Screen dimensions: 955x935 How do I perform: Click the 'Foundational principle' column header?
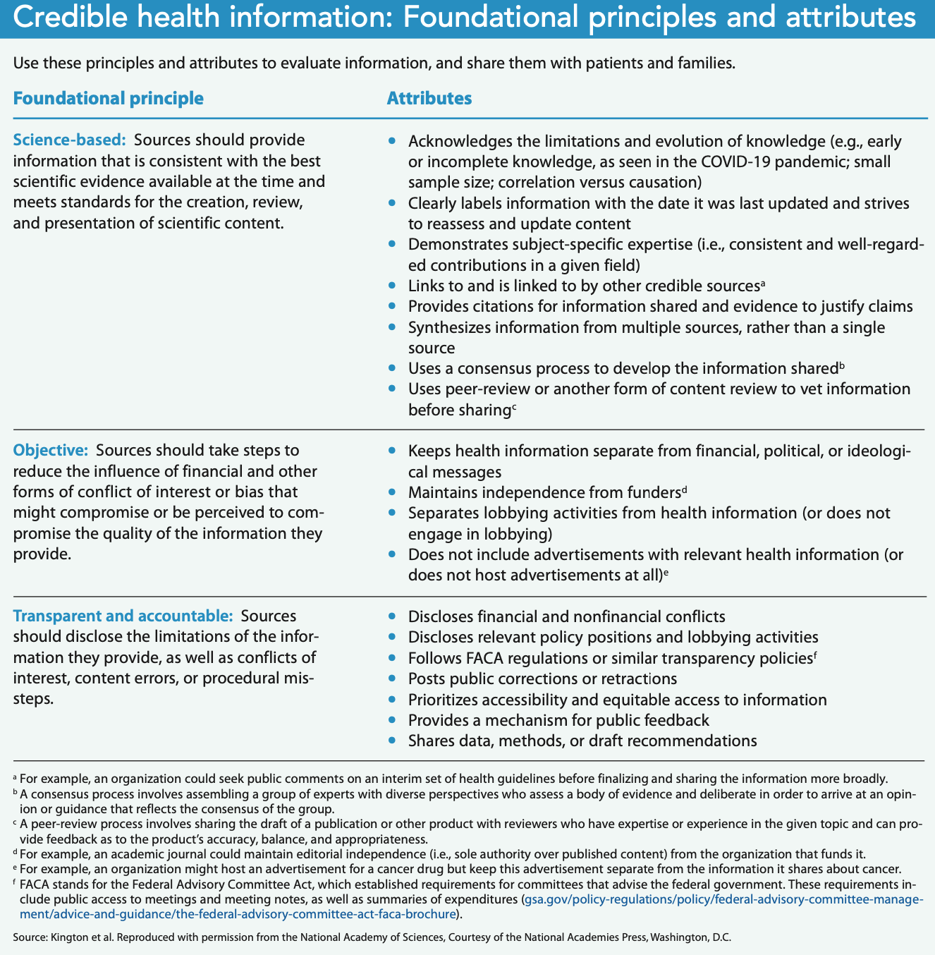coord(108,98)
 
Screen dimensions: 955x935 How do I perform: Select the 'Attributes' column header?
coord(429,98)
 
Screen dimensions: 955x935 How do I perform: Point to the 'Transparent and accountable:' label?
coord(123,616)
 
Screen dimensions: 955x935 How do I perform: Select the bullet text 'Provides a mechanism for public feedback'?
coord(558,720)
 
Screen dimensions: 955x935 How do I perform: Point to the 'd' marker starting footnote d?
coord(16,853)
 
